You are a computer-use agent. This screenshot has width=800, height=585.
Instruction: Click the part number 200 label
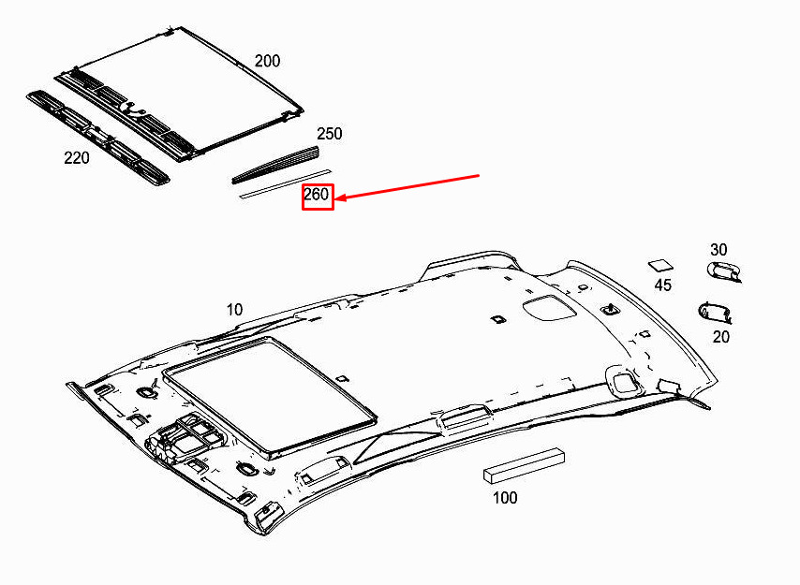click(267, 61)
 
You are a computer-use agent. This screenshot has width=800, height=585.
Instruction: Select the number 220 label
click(77, 158)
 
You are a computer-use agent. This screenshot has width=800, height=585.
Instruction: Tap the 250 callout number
click(329, 134)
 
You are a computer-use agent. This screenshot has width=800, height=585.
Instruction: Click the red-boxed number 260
click(317, 195)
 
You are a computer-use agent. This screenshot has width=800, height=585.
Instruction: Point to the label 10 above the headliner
click(234, 310)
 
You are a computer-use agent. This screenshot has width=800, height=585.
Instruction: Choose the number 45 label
click(662, 285)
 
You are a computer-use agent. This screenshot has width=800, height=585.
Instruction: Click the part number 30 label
click(719, 250)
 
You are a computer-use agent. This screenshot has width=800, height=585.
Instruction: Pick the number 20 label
click(721, 337)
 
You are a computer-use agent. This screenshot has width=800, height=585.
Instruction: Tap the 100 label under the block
click(505, 497)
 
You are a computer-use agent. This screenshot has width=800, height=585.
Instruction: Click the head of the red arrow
click(336, 198)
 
